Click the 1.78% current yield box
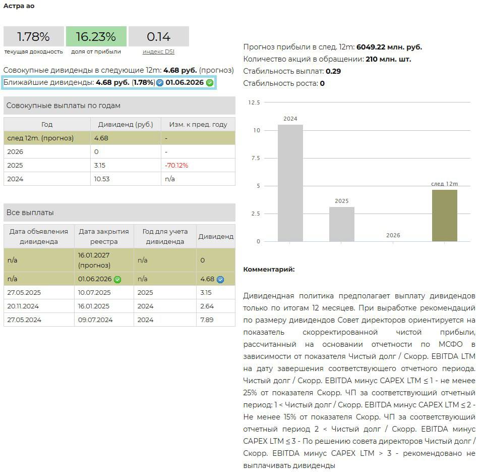pyautogui.click(x=33, y=37)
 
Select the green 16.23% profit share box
pyautogui.click(x=96, y=37)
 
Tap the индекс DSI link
pyautogui.click(x=158, y=51)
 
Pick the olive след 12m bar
pyautogui.click(x=445, y=216)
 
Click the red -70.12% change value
pyautogui.click(x=176, y=165)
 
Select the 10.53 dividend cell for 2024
pyautogui.click(x=101, y=179)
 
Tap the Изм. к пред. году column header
pyautogui.click(x=198, y=124)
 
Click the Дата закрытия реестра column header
pyautogui.click(x=104, y=236)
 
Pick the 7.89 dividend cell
pyautogui.click(x=207, y=320)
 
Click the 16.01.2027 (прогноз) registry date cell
pyautogui.click(x=94, y=260)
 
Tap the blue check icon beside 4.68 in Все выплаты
pyautogui.click(x=220, y=279)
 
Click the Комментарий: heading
pyautogui.click(x=269, y=269)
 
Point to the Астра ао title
pyautogui.click(x=19, y=6)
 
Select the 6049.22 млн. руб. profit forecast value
pyautogui.click(x=389, y=47)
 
